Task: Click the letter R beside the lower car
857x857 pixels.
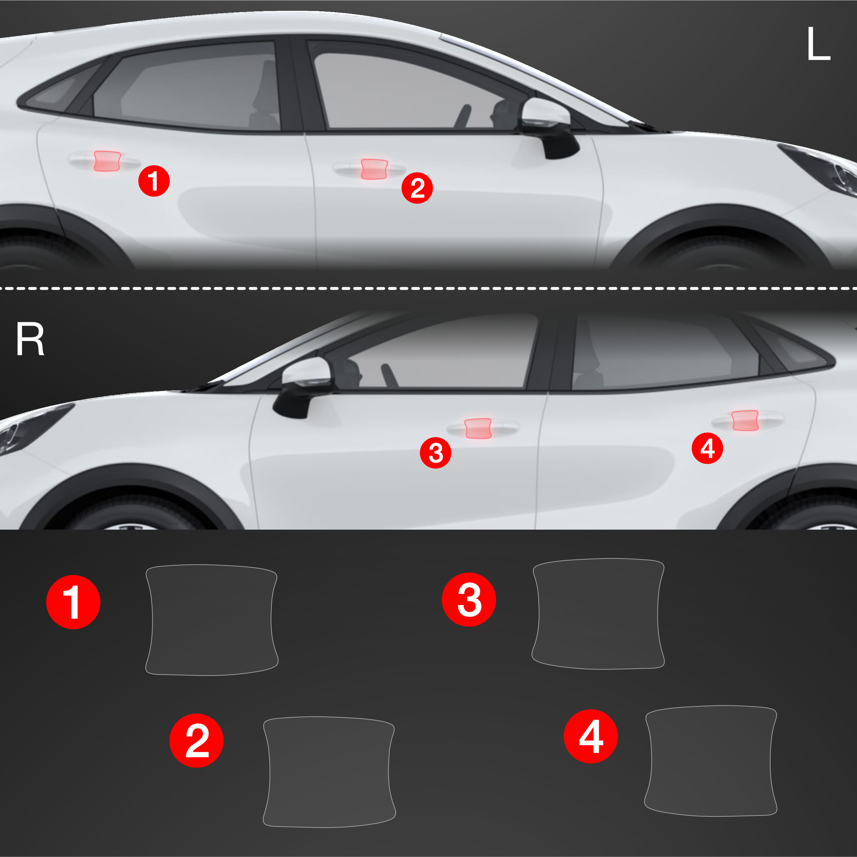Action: point(30,339)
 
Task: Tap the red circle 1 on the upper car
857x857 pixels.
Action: point(154,181)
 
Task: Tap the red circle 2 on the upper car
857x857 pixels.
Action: point(417,188)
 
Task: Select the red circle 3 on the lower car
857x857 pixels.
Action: point(436,452)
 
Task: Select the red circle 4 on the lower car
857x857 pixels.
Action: point(707,448)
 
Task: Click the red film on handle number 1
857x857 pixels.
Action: point(107,161)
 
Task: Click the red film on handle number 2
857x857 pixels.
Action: point(374,169)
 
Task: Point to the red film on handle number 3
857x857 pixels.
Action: point(478,428)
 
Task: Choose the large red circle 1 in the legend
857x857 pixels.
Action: point(73,602)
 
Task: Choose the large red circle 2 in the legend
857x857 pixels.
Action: point(196,740)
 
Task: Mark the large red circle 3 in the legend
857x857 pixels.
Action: point(469,599)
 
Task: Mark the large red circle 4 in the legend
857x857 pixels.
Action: point(591,736)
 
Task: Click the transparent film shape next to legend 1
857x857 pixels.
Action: point(212,620)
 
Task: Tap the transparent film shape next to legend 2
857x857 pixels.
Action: point(329,772)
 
